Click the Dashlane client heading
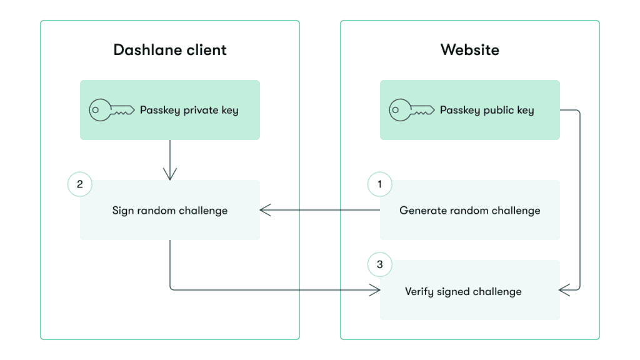pyautogui.click(x=170, y=50)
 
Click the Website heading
pyautogui.click(x=469, y=50)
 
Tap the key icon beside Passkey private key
pyautogui.click(x=111, y=110)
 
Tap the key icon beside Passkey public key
pyautogui.click(x=411, y=110)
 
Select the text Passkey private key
pyautogui.click(x=189, y=110)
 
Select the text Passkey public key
pyautogui.click(x=487, y=110)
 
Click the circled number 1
pyautogui.click(x=380, y=184)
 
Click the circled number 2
pyautogui.click(x=79, y=184)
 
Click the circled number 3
pyautogui.click(x=380, y=264)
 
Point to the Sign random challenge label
pyautogui.click(x=170, y=210)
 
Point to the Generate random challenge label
pyautogui.click(x=470, y=210)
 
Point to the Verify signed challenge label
pyautogui.click(x=463, y=291)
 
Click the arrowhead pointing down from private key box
pyautogui.click(x=170, y=174)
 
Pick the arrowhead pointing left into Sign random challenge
pyautogui.click(x=264, y=210)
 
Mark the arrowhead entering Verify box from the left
pyautogui.click(x=375, y=289)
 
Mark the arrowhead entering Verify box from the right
pyautogui.click(x=564, y=289)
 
